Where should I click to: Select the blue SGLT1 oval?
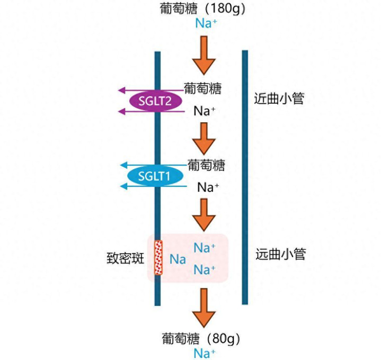point(154,176)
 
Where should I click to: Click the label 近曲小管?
point(280,98)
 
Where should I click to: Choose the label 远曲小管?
point(280,254)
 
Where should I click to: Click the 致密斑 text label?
point(125,259)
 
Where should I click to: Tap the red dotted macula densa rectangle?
point(158,258)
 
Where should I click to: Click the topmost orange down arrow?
point(203,55)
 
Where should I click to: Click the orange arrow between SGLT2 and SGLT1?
point(203,138)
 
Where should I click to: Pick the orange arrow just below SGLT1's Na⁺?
point(203,214)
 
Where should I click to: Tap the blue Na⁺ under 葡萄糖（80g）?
point(205,353)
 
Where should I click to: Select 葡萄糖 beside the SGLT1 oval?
point(206,165)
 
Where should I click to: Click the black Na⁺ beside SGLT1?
point(208,187)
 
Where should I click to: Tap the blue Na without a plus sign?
point(178,259)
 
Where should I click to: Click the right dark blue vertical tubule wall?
point(245,177)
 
